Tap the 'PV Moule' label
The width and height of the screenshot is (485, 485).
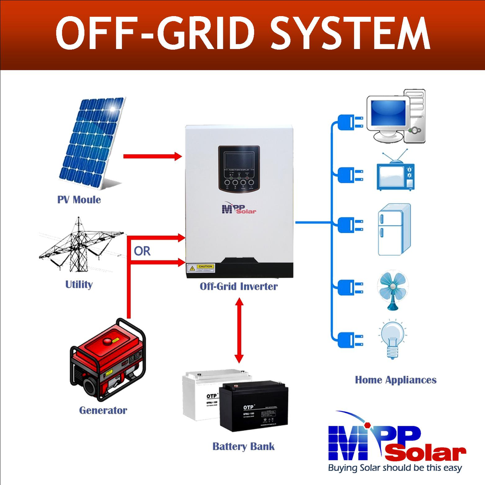point(79,200)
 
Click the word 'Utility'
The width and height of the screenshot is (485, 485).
point(79,284)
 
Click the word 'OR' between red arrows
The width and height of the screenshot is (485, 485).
point(142,251)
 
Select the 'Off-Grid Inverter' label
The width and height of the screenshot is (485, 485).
point(238,286)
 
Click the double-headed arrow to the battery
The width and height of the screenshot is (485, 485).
point(239,330)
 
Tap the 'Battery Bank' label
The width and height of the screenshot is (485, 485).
point(244,446)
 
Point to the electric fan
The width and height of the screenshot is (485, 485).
point(392,290)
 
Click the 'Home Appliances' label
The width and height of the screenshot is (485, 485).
point(396,379)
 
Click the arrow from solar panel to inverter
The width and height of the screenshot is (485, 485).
point(152,157)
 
